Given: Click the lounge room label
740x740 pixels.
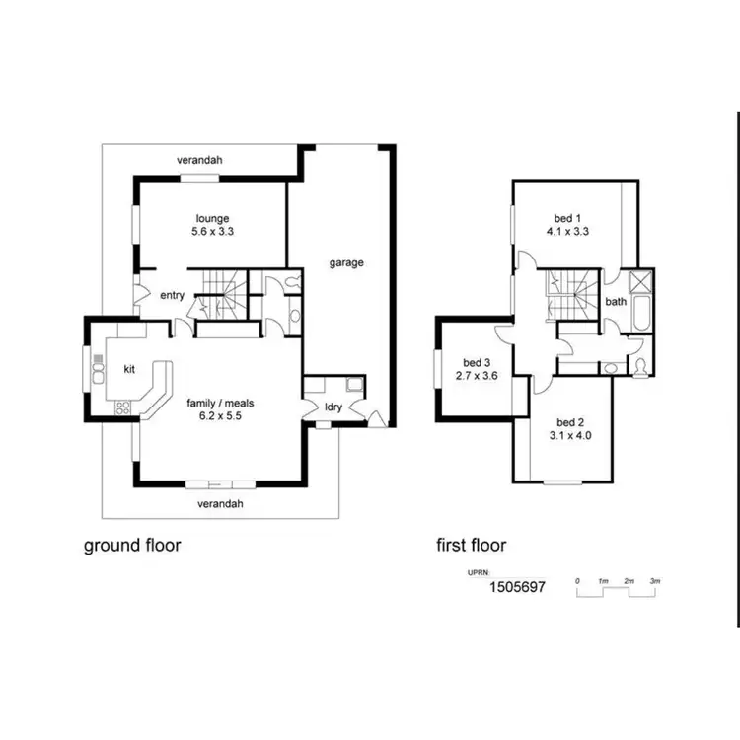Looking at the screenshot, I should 212,218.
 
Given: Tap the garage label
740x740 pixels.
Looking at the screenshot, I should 347,263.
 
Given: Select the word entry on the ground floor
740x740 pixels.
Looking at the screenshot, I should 172,295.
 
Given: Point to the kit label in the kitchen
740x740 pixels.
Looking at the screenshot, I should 129,368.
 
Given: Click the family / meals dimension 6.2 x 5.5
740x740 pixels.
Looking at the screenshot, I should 214,416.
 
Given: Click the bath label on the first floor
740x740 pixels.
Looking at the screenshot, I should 616,302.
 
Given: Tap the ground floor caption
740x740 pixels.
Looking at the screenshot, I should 131,545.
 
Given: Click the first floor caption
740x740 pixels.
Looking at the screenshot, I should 472,545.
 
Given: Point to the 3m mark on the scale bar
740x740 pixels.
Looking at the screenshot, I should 654,581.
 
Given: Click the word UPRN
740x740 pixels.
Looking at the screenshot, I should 478,572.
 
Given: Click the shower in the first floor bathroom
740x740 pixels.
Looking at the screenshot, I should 641,282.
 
